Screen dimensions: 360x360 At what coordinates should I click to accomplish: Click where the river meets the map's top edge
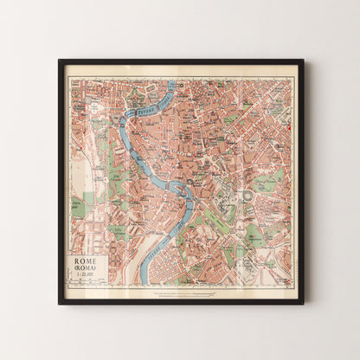(x=171, y=80)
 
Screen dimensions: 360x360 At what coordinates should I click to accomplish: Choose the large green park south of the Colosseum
(x=252, y=234)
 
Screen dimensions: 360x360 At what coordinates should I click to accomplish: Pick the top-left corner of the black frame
(x=60, y=61)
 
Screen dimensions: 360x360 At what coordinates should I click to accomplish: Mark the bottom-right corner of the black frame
(x=302, y=303)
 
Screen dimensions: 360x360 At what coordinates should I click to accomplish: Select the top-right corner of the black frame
(x=302, y=61)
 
